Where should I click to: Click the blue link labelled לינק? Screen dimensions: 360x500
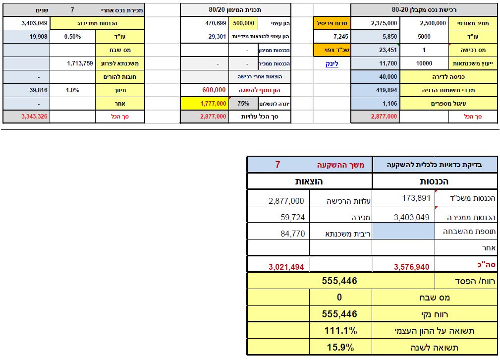(x=332, y=63)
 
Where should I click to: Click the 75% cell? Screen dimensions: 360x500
(x=243, y=103)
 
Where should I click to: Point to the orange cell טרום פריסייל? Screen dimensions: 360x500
(x=332, y=23)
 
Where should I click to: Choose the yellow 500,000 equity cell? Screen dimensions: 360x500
(x=243, y=23)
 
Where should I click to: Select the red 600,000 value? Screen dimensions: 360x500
(x=214, y=90)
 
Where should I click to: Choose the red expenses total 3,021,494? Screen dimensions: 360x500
(x=286, y=266)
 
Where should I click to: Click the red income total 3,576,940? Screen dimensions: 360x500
(x=412, y=266)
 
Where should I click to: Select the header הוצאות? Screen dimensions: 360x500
(x=309, y=181)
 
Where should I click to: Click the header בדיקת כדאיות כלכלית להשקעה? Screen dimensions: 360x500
(x=435, y=165)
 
